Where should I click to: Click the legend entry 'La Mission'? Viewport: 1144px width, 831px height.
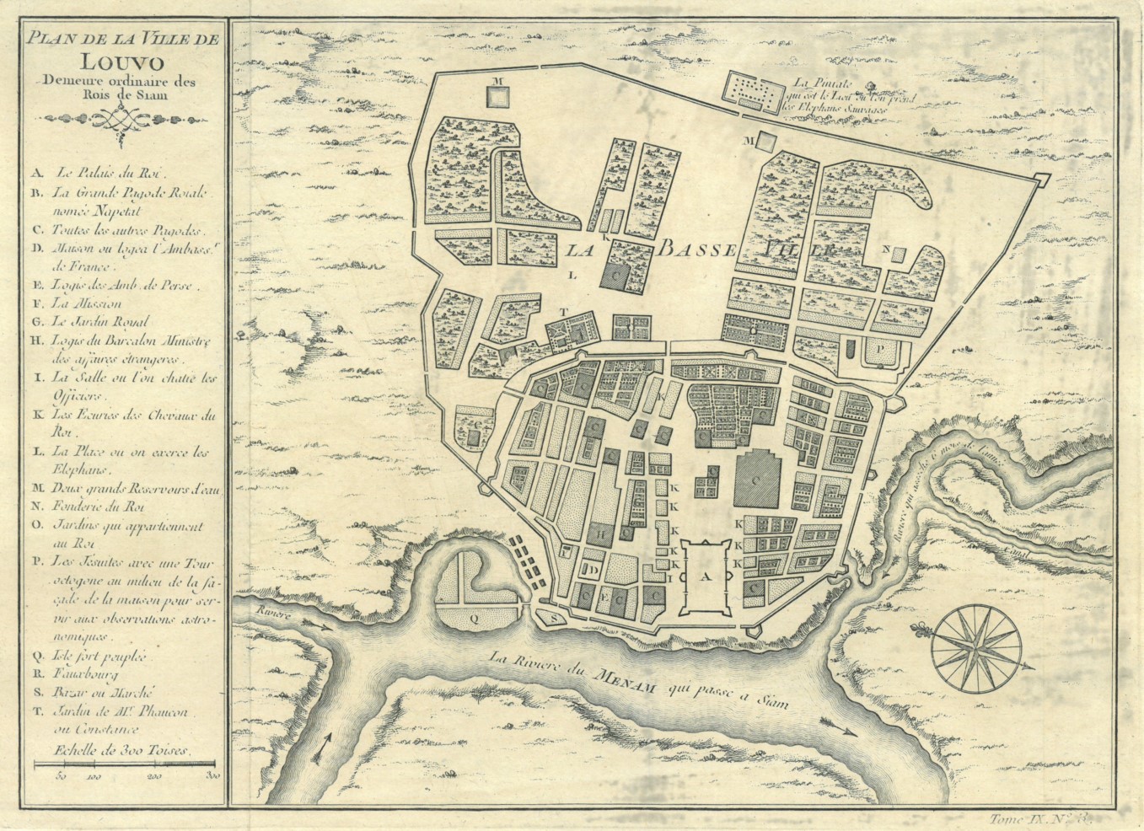[x=87, y=303]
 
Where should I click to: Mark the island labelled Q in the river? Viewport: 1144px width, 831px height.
[x=472, y=616]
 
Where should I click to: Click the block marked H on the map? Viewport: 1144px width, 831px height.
[x=600, y=533]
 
